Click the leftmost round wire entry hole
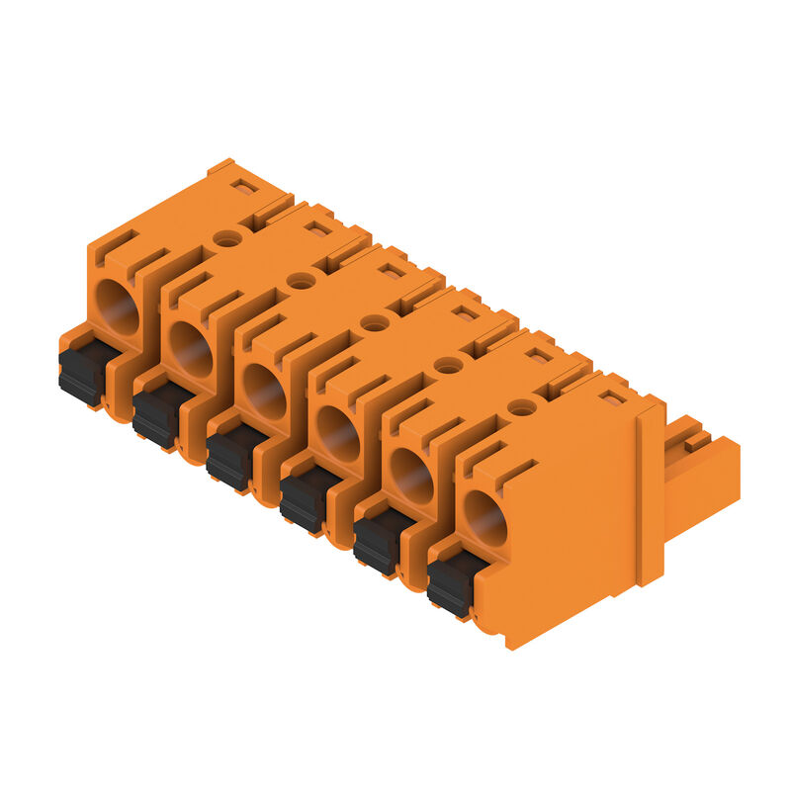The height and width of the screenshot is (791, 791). (118, 308)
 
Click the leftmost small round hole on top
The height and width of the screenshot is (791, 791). (227, 238)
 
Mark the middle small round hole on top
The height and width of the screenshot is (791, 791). (375, 322)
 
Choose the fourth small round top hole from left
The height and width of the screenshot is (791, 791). (449, 365)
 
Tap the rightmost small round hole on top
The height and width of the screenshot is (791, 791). (522, 406)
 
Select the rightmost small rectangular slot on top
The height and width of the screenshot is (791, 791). (613, 397)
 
